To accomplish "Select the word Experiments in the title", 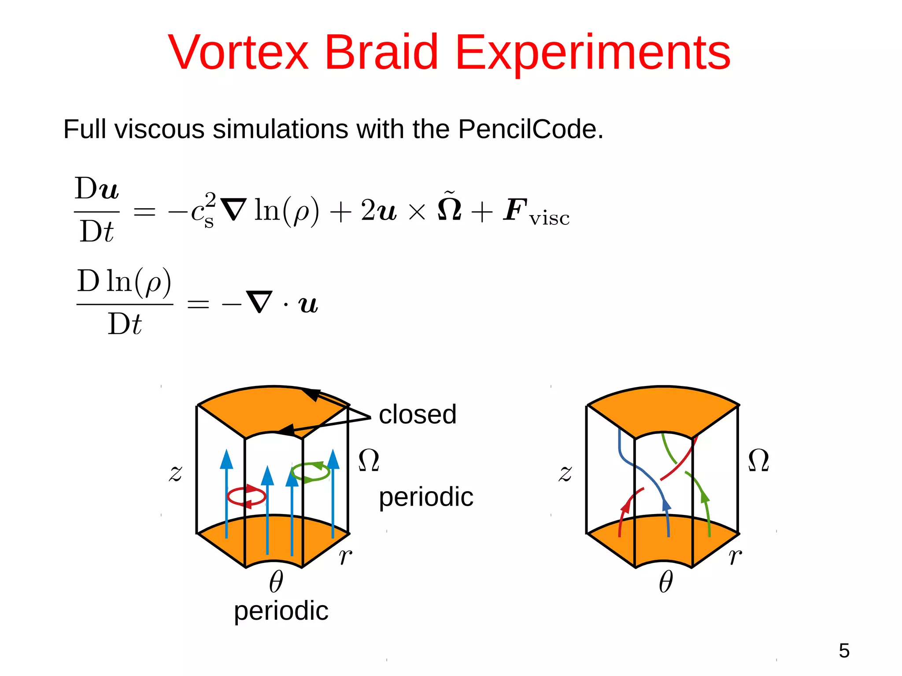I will pos(592,54).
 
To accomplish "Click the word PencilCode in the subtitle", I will pos(530,129).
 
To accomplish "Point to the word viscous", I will pos(159,129).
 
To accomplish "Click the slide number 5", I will pos(844,650).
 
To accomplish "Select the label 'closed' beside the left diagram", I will pos(417,415).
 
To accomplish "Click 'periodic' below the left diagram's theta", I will pos(281,612).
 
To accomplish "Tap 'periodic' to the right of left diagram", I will pos(426,498).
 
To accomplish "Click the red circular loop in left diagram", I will pos(246,497).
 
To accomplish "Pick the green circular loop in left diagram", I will pos(311,472).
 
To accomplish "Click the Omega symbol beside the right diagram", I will pos(758,461).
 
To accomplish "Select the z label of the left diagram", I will pos(175,474).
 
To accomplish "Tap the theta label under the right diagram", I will pos(665,582).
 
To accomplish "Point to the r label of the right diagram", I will pos(735,556).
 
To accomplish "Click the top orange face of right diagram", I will pos(663,409).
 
